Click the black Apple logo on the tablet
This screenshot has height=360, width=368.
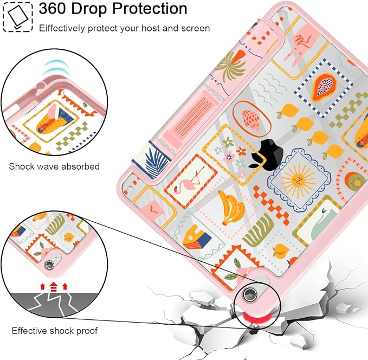266,155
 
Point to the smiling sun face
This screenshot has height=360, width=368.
298,181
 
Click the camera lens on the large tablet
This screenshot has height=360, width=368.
250,294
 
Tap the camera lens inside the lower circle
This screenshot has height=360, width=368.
49,265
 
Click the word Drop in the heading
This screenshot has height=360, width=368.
89,9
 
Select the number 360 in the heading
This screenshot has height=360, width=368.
53,9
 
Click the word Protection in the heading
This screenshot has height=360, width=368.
150,9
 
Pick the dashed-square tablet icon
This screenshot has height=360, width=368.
17,17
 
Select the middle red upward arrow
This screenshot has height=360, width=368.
54,286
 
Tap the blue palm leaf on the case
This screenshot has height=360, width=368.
156,162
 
